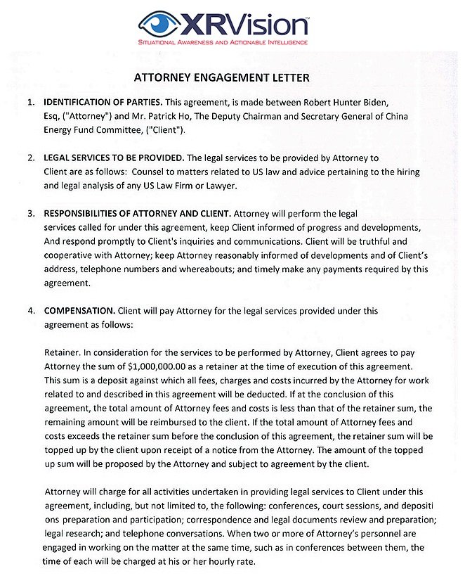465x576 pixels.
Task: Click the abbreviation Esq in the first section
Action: coord(52,116)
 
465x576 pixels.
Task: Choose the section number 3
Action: coord(31,213)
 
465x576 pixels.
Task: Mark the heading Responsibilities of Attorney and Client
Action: coord(136,213)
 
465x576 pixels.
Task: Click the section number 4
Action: coord(31,310)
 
